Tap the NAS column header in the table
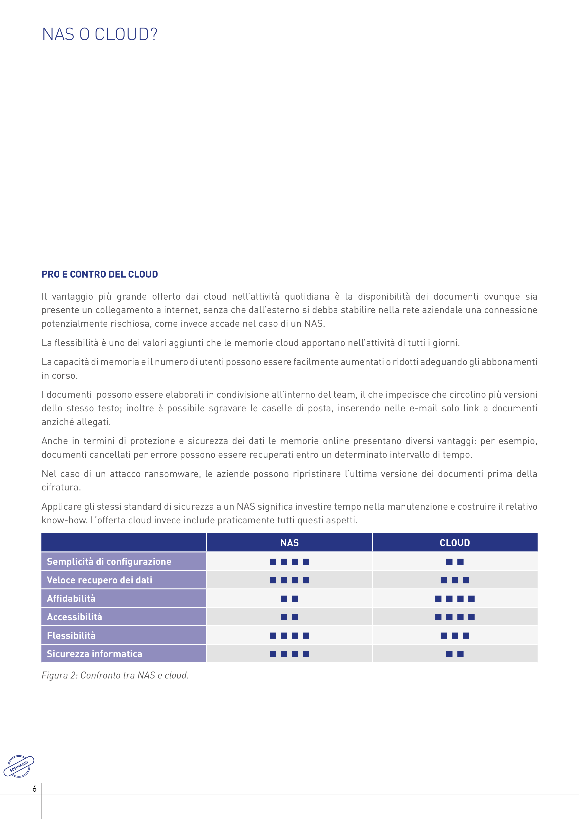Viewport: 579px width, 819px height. [x=289, y=543]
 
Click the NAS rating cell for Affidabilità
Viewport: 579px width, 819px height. [x=289, y=598]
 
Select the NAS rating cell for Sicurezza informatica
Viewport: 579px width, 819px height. [x=289, y=654]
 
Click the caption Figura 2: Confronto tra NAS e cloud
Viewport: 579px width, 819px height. [x=115, y=675]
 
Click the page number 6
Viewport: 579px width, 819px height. [x=34, y=789]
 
